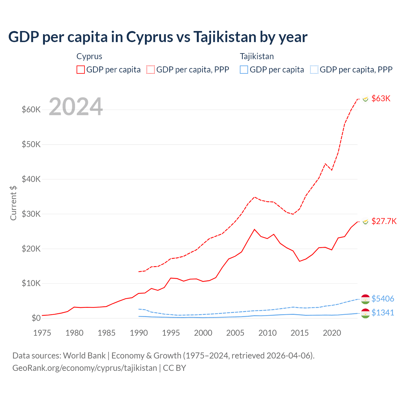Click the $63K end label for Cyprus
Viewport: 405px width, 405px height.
coord(381,98)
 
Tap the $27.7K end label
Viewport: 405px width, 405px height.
coord(384,221)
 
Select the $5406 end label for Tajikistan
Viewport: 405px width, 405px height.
coord(383,299)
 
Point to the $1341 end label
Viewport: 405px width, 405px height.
coord(383,313)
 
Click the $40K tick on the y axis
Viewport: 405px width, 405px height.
coord(31,179)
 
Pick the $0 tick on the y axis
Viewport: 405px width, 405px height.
coord(36,318)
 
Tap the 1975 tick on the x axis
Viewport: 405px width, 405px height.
coord(42,333)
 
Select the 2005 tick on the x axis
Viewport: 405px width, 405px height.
coord(235,333)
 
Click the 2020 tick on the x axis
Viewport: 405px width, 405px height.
coord(332,333)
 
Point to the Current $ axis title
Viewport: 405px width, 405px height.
coord(13,203)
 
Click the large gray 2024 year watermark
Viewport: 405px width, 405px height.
coord(76,107)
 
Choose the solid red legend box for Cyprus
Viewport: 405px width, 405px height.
coord(81,70)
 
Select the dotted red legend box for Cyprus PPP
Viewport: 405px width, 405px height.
coord(151,70)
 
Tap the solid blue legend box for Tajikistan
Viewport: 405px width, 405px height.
coord(244,70)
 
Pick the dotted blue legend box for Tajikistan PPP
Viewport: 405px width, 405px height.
coord(314,70)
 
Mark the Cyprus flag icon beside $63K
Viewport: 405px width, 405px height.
coord(365,99)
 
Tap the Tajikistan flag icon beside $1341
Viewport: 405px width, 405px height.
coord(365,313)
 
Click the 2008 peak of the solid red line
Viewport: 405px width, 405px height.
coord(254,229)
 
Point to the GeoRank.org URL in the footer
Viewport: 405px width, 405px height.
coord(84,368)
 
